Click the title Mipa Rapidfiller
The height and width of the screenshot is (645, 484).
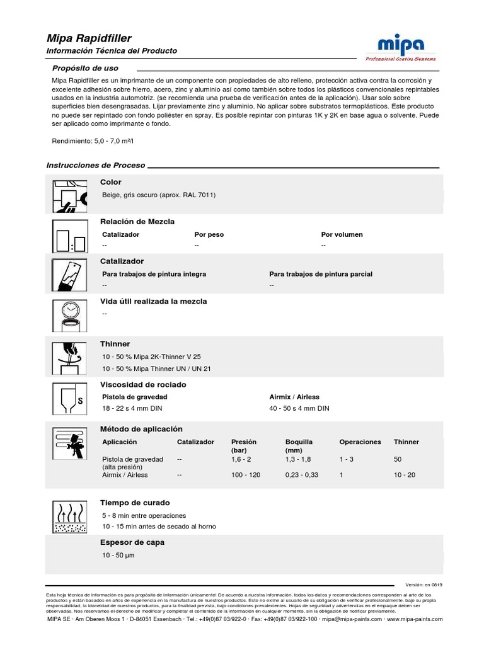(89, 38)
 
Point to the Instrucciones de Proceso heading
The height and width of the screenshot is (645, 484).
(96, 165)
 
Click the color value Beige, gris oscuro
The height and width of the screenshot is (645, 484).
(159, 195)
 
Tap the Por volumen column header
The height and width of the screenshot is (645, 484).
(342, 234)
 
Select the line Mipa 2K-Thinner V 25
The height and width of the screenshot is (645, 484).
(151, 357)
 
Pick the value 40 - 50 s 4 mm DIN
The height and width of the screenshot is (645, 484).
(299, 408)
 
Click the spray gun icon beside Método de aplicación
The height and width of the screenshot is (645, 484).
(69, 443)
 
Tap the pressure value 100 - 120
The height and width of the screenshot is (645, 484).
(245, 475)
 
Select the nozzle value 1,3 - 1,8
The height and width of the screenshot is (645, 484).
(298, 460)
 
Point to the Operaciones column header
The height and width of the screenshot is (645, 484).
(360, 442)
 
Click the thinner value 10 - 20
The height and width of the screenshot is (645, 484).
(404, 475)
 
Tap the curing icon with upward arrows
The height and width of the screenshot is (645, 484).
(69, 517)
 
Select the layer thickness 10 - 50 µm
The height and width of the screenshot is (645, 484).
(118, 555)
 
